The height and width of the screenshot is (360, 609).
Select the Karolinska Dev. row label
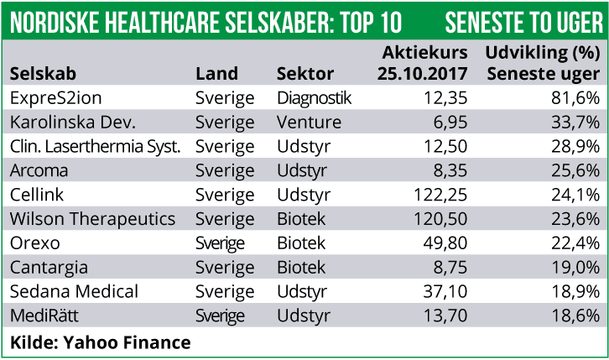(72, 123)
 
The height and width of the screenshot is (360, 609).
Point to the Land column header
(216, 74)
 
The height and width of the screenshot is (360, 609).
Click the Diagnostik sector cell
(314, 98)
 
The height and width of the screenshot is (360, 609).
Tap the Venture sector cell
(309, 123)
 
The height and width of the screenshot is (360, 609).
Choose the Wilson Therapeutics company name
(92, 219)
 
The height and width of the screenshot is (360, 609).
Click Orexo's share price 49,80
(445, 243)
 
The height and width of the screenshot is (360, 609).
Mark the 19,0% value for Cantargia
(574, 268)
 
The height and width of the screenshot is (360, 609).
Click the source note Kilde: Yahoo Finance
(101, 342)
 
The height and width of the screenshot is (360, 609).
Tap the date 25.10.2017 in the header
(424, 74)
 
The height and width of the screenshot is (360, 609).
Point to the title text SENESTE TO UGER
(523, 19)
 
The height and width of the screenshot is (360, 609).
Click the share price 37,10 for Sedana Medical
(445, 292)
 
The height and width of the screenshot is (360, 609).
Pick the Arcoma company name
(39, 170)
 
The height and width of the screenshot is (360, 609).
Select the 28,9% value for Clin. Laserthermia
(574, 146)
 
